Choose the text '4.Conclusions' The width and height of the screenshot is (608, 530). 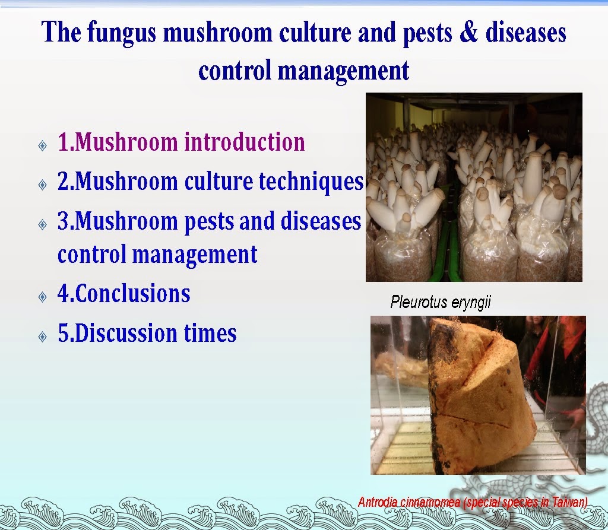(123, 294)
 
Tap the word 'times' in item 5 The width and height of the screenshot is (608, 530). (214, 333)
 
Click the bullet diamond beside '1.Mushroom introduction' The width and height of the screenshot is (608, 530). (43, 145)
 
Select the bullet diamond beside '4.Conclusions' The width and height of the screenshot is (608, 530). (43, 296)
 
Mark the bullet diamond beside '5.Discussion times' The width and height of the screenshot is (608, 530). (43, 335)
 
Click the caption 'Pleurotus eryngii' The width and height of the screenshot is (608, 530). (441, 303)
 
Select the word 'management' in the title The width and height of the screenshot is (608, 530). (344, 71)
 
